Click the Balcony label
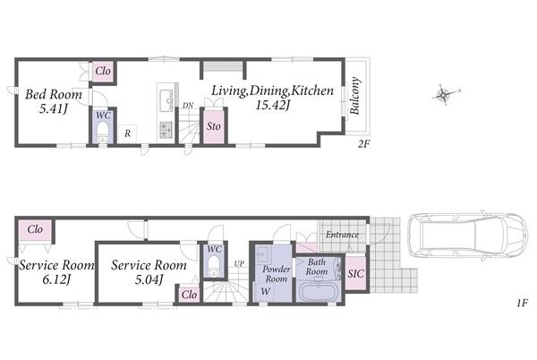tap(354, 96)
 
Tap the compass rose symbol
tap(444, 94)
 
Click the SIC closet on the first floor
tap(356, 273)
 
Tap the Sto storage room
tap(214, 126)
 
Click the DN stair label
tap(188, 105)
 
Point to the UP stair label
tap(239, 264)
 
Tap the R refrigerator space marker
tap(127, 134)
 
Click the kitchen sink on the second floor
tap(166, 99)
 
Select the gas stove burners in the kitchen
tap(166, 130)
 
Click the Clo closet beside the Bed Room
tap(103, 71)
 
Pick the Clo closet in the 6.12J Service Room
tap(35, 229)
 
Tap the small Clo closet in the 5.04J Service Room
tap(189, 295)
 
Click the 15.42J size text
tap(273, 106)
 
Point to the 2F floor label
tap(363, 144)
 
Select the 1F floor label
tap(522, 303)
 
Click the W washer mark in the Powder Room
tap(265, 292)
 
